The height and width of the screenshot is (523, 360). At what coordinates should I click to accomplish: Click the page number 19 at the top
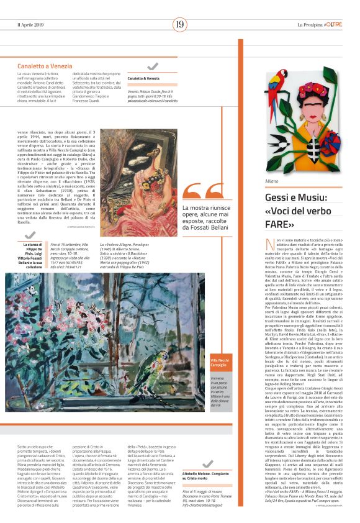(x=180, y=24)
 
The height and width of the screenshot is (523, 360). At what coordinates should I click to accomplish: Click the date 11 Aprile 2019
(x=32, y=24)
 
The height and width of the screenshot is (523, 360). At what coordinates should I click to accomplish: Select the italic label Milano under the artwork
(x=271, y=181)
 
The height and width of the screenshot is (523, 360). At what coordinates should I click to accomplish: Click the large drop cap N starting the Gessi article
(x=269, y=243)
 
